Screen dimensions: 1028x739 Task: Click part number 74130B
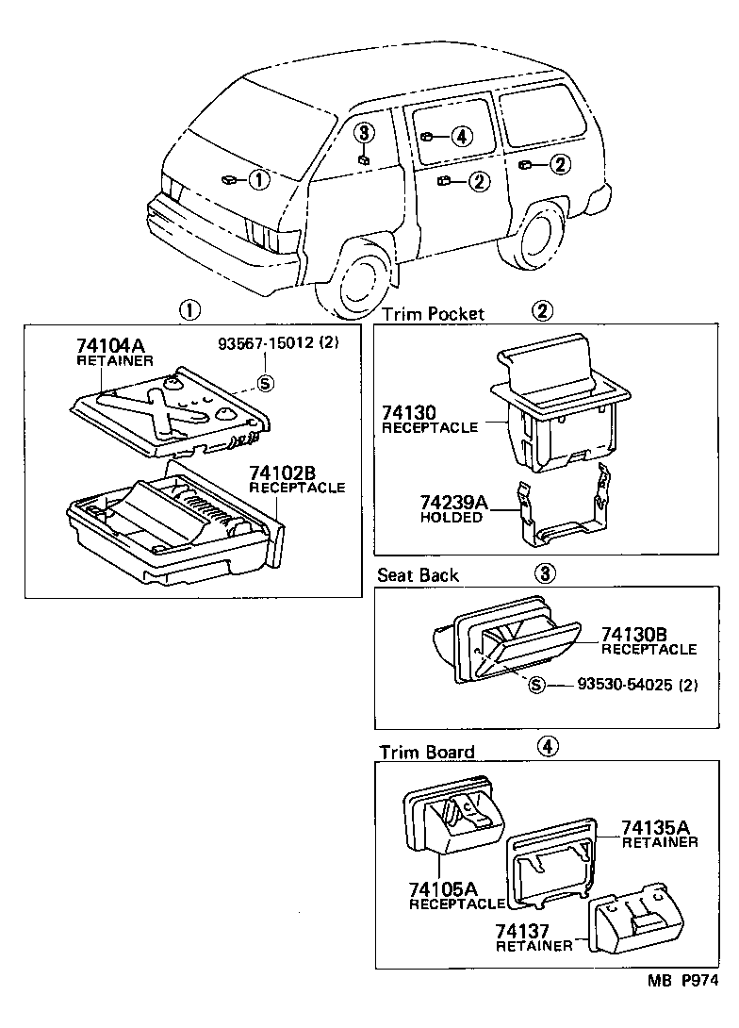(x=640, y=635)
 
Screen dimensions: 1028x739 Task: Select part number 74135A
(x=659, y=827)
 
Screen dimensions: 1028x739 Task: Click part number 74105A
(x=443, y=888)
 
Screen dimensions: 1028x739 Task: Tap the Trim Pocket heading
(x=433, y=313)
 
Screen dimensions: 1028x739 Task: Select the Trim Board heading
(x=426, y=752)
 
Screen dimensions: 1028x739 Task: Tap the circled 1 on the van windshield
(x=258, y=177)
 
